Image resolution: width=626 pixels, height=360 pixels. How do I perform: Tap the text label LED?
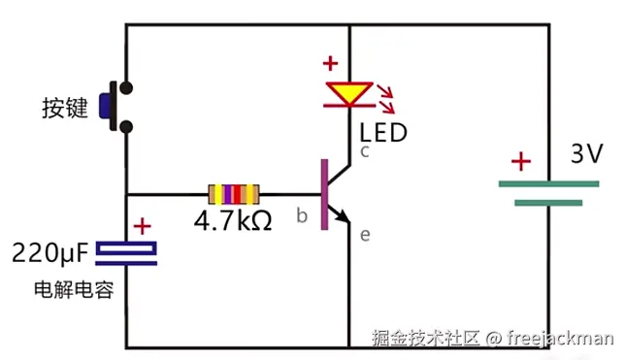(383, 132)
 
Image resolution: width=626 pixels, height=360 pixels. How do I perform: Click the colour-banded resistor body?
(233, 191)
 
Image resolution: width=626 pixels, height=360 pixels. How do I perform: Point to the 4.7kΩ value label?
(233, 219)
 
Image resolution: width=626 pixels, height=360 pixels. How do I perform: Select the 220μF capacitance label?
(49, 255)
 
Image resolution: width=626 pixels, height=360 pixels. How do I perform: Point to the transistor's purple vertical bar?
(324, 190)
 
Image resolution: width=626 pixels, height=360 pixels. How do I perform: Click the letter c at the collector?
(365, 151)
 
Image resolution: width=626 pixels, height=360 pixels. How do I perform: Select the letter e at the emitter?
(365, 234)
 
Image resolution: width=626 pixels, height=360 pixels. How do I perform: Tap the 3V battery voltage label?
(586, 154)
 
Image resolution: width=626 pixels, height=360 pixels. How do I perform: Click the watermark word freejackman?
(560, 338)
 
